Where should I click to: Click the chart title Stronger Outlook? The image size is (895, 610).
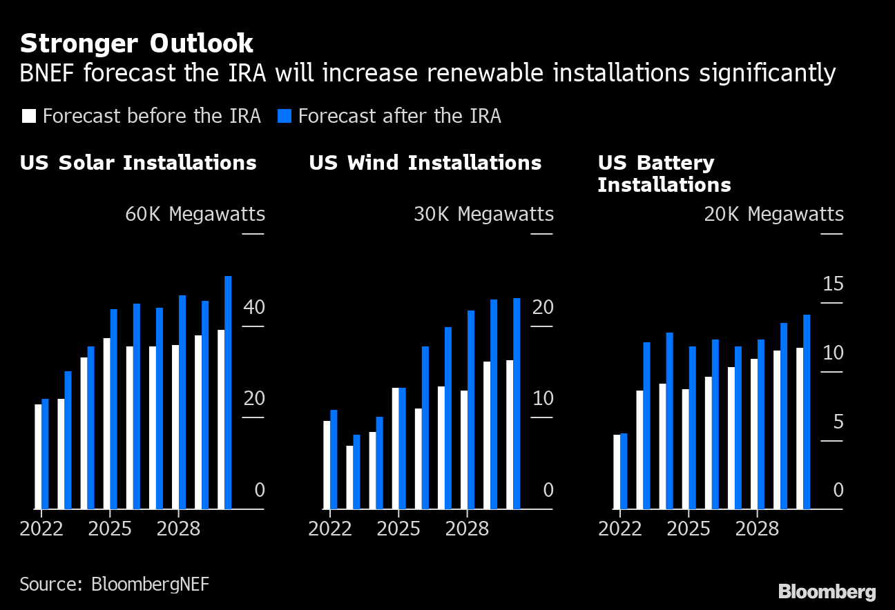coord(137,44)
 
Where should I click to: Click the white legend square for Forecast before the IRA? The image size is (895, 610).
coord(28,116)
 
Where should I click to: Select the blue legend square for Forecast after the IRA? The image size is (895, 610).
coord(285,116)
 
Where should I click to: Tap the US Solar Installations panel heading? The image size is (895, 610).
coord(138,163)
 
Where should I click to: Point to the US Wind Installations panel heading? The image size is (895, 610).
coord(425,163)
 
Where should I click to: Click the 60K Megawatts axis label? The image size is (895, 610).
coord(195,215)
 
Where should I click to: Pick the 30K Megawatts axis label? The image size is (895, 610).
coord(483,215)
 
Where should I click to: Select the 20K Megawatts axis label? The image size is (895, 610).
coord(773,215)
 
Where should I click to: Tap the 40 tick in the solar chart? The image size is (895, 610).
coord(254,307)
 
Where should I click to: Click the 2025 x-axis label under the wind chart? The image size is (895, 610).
coord(398,529)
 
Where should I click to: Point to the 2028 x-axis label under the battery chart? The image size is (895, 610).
coord(757,529)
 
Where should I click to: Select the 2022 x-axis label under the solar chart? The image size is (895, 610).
coord(41,529)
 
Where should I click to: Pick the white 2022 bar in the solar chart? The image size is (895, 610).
coord(38,456)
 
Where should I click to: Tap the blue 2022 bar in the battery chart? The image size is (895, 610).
coord(624,471)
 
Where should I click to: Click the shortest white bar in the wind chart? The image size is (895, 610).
coord(349,478)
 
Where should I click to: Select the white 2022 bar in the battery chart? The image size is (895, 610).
coord(617,472)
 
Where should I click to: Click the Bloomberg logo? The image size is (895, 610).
coord(827,591)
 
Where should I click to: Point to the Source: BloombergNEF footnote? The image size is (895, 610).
coord(114,584)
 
